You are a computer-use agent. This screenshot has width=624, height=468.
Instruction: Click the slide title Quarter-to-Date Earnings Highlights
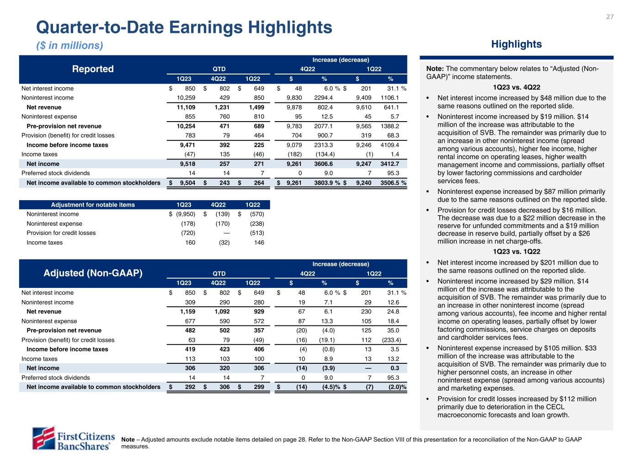click(x=184, y=27)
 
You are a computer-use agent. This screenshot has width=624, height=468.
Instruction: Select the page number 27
click(x=610, y=17)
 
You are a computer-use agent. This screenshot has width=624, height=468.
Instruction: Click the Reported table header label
click(x=93, y=69)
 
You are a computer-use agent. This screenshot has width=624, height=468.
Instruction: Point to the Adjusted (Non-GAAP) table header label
click(x=93, y=273)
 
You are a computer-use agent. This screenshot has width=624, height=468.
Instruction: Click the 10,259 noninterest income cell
click(x=182, y=98)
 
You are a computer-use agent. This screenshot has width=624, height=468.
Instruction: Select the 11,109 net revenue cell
click(x=183, y=107)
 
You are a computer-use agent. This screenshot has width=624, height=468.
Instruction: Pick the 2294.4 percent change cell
click(x=324, y=98)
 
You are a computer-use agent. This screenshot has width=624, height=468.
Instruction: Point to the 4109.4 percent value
click(x=390, y=145)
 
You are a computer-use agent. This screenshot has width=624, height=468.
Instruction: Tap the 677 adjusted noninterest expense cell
click(x=188, y=321)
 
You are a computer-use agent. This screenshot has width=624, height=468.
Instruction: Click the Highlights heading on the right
click(x=516, y=44)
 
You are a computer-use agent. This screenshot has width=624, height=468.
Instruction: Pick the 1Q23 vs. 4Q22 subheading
click(x=516, y=87)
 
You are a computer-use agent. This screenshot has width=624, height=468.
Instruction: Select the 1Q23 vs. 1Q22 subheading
click(x=516, y=252)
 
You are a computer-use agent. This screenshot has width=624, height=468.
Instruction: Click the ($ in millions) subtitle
click(x=70, y=46)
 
